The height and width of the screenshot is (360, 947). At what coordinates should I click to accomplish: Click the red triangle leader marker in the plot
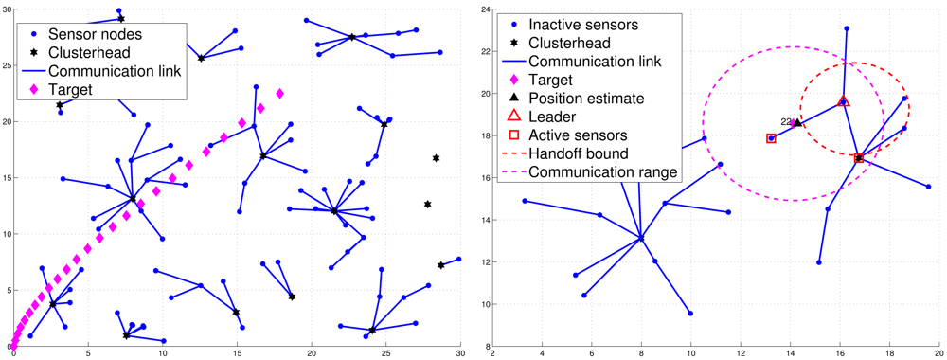point(844,101)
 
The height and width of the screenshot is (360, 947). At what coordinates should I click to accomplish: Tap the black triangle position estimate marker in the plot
point(797,122)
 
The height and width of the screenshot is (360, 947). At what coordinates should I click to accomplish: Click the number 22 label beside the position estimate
point(786,121)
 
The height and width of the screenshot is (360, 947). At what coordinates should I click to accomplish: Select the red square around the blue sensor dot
point(772,138)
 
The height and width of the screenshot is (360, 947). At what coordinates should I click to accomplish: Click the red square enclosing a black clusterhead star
point(859,159)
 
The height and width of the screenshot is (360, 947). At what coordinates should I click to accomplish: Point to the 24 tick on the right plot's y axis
point(481,9)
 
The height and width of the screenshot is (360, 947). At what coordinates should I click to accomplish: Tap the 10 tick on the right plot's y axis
point(481,304)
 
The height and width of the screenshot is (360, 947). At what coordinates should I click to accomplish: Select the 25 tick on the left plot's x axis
point(385,354)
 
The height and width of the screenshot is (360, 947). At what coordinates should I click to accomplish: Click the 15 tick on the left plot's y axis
point(7,177)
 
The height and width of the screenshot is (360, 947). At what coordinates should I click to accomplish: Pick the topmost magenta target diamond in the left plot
point(279,93)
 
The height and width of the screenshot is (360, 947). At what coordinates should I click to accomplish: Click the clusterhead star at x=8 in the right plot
point(641,239)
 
